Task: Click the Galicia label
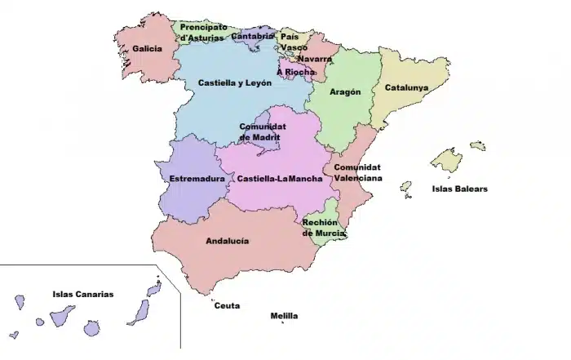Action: coord(147,48)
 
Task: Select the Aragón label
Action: coord(345,92)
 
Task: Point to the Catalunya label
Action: coord(406,87)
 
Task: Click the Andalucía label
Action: coord(228,241)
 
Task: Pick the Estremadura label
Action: coord(197,179)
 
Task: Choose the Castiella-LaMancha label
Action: coord(279,179)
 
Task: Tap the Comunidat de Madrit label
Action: coord(262,132)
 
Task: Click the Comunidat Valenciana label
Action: coord(357,172)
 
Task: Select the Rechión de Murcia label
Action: coord(324,227)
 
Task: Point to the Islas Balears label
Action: coord(459,189)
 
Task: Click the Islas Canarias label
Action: coord(82,295)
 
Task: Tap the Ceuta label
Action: coord(227,306)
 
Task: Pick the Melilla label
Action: coord(284,316)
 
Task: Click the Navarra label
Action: coord(314,59)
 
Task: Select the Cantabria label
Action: coord(252,36)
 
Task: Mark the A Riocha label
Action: coord(295,72)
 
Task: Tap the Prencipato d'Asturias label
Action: coord(203,32)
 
